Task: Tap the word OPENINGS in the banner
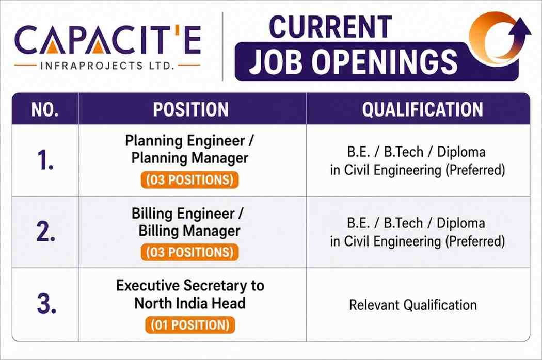coord(385,62)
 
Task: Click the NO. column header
coord(45,109)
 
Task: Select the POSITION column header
coord(191,109)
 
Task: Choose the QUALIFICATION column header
coord(422,109)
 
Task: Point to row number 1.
coord(45,160)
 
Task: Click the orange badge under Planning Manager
coord(190,180)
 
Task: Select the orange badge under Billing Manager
coord(190,252)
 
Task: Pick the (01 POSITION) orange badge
coord(190,325)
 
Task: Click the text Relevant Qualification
coord(413,305)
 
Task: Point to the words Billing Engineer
coord(183,214)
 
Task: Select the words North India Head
coord(190,303)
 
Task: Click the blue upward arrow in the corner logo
coord(521,33)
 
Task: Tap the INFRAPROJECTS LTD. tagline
coord(107,66)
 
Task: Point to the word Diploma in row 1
coord(461,152)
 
